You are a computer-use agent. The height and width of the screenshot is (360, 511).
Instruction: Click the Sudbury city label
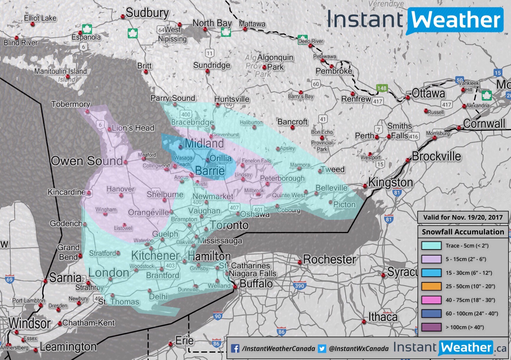point(147,13)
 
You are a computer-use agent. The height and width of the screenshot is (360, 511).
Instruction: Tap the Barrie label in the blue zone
point(210,171)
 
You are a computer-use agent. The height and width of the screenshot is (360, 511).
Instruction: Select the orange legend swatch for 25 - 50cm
point(431,286)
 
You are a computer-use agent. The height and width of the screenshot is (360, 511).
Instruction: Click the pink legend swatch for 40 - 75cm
point(431,300)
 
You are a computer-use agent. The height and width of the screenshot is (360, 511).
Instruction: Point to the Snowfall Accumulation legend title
point(463,232)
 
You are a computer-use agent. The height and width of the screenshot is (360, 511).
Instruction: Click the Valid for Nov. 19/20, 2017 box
point(463,217)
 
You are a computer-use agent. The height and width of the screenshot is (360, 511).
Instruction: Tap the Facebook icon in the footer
point(235,348)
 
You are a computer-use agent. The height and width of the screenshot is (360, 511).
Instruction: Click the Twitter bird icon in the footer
point(322,348)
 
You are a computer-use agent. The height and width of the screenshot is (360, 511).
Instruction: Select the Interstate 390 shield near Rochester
point(299,286)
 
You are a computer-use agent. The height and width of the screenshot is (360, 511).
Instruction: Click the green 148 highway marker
point(381,88)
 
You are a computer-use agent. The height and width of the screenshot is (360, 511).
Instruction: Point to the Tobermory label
point(71,104)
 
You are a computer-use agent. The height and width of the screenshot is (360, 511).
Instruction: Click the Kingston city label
point(390,182)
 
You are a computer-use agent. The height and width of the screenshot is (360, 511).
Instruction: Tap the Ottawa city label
point(428,94)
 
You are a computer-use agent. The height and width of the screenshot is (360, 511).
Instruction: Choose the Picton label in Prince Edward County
point(344,204)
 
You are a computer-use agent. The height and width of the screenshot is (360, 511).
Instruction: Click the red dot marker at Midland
point(181,146)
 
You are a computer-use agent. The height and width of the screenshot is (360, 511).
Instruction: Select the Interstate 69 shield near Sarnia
point(9,279)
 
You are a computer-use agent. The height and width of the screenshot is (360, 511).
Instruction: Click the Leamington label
point(68,347)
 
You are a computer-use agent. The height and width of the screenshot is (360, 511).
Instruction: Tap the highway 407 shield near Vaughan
point(234,207)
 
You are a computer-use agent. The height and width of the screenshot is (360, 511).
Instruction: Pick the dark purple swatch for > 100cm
point(431,327)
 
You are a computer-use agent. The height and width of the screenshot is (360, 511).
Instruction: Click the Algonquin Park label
point(275,62)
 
